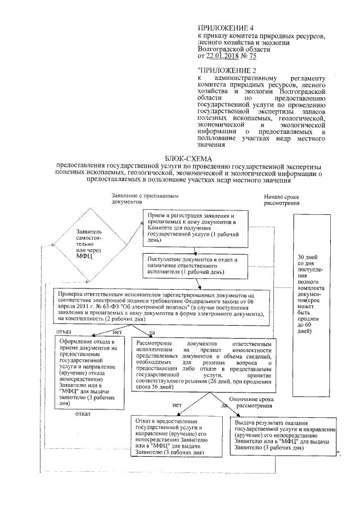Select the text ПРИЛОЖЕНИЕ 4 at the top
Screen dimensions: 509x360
pyautogui.click(x=222, y=28)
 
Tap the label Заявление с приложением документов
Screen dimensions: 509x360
pyautogui.click(x=145, y=199)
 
